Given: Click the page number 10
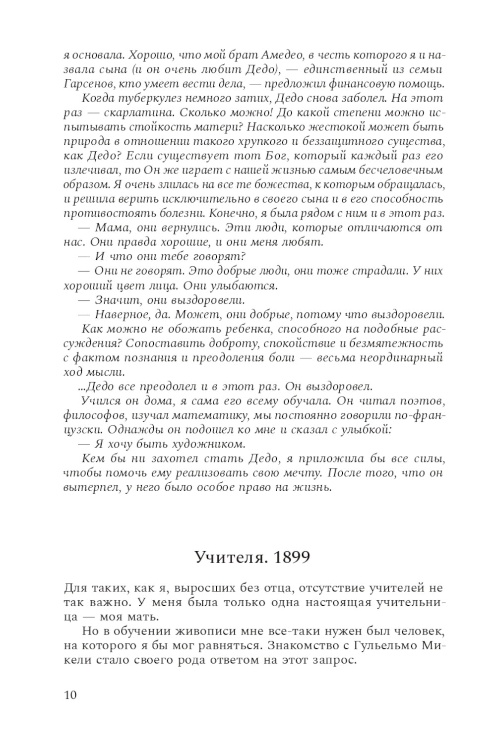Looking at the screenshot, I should [70, 695].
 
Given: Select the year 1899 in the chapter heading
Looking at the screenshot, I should [292, 557].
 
